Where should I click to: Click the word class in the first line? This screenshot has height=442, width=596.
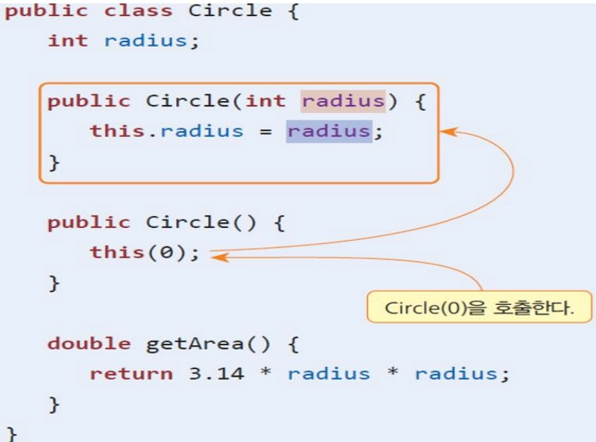click(138, 11)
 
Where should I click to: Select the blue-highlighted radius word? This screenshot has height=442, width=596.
click(328, 130)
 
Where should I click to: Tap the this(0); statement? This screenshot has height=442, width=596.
click(145, 253)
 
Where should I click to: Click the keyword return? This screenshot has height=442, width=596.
click(131, 372)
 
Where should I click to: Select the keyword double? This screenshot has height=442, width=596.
click(89, 343)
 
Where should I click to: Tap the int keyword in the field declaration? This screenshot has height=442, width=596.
click(68, 40)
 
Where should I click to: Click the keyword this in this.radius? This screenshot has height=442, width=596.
click(117, 130)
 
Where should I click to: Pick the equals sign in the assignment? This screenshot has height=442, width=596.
click(266, 130)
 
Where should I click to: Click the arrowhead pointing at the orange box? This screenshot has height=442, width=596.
click(445, 132)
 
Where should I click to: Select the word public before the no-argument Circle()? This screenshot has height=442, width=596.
click(89, 222)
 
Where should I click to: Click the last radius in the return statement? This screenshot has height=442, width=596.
click(455, 372)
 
